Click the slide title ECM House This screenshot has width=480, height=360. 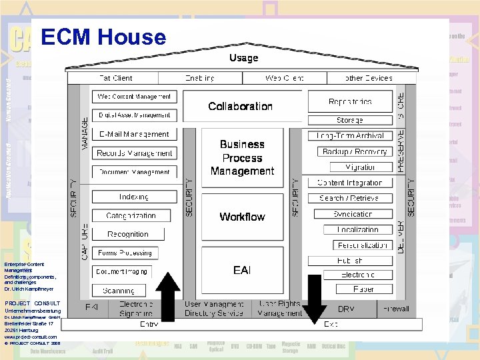pyautogui.click(x=103, y=37)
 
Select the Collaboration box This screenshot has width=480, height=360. pyautogui.click(x=240, y=107)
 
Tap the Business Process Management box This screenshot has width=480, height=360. pyautogui.click(x=242, y=157)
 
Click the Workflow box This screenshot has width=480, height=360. pyautogui.click(x=242, y=217)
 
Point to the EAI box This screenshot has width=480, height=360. pyautogui.click(x=242, y=270)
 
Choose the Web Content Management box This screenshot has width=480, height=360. pyautogui.click(x=134, y=97)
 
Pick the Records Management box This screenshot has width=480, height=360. pyautogui.click(x=134, y=153)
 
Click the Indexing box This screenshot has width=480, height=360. pyautogui.click(x=134, y=197)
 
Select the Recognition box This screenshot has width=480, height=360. pyautogui.click(x=127, y=234)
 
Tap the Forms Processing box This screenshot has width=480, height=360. pyautogui.click(x=125, y=253)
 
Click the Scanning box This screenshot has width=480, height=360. pyautogui.click(x=119, y=291)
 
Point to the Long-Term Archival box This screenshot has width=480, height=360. pyautogui.click(x=350, y=135)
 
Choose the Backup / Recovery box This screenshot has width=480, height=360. pyautogui.click(x=354, y=151)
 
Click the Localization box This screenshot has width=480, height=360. pyautogui.click(x=357, y=229)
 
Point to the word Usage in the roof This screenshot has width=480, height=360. pyautogui.click(x=243, y=58)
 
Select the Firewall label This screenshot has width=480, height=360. pyautogui.click(x=395, y=309)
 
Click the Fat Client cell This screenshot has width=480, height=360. pyautogui.click(x=115, y=78)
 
